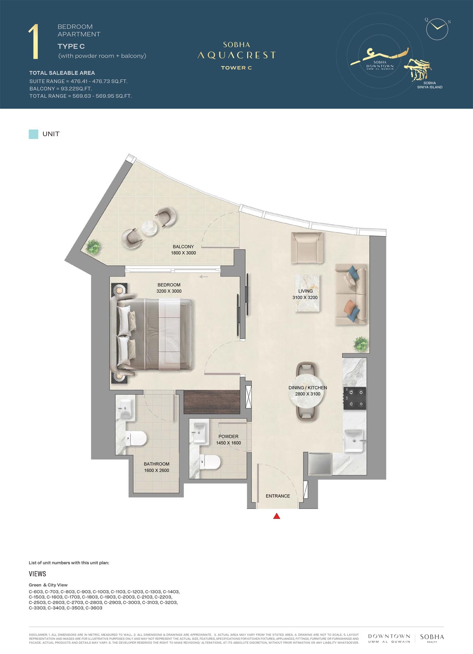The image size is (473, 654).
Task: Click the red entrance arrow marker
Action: coord(277,516)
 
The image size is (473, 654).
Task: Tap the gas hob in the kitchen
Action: coord(355,398)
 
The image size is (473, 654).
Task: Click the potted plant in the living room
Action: coord(361,344)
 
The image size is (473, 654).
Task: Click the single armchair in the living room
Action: coord(307,248)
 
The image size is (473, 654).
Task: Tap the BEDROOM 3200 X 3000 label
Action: coord(169,288)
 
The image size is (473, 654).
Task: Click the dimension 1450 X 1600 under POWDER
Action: coord(228,443)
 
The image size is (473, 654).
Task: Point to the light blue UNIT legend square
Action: coord(33,134)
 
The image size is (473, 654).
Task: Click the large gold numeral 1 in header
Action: coord(34,42)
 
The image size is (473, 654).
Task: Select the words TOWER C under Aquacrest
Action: coord(236,68)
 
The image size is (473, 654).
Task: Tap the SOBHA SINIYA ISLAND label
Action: coord(429,85)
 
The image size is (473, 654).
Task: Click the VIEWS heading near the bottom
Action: coord(37,574)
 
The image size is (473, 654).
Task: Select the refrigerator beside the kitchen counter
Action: coord(320,464)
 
